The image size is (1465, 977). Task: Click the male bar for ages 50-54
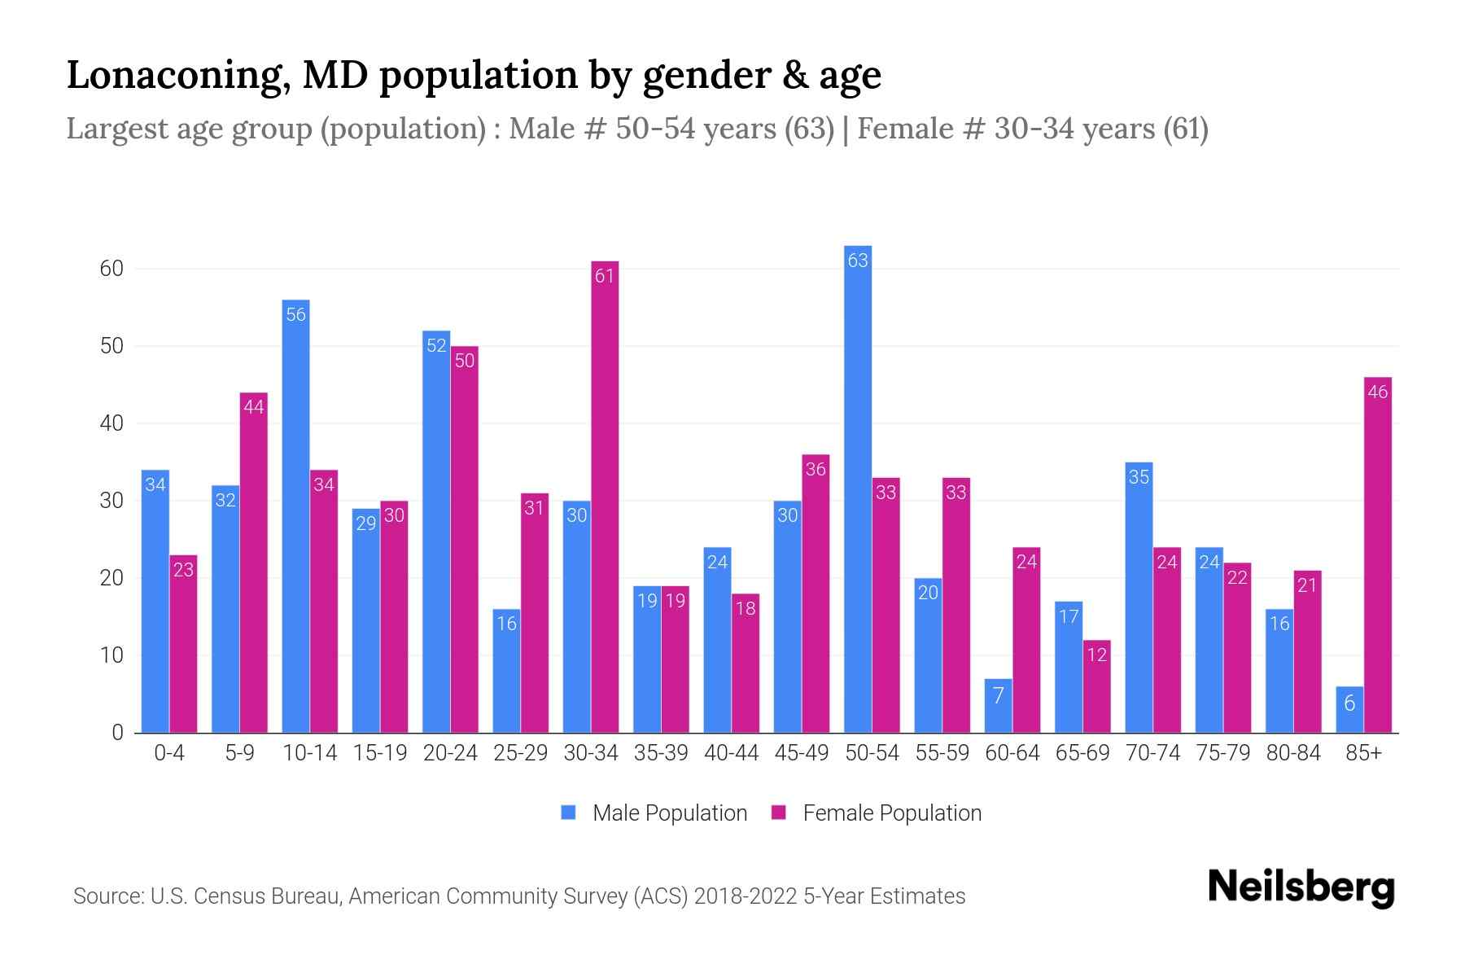(858, 488)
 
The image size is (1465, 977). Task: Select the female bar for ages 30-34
(605, 497)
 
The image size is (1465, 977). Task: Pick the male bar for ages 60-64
(998, 706)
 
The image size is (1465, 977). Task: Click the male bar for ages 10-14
(295, 516)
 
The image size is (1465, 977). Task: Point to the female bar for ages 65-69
(1096, 686)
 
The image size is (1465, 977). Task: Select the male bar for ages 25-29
(506, 671)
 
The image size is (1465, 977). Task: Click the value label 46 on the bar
(1377, 392)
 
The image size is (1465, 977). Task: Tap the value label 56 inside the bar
(295, 315)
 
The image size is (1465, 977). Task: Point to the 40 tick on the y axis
(112, 423)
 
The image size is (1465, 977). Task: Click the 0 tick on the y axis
(118, 733)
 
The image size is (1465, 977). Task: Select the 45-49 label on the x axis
(801, 753)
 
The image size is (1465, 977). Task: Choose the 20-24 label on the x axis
(450, 753)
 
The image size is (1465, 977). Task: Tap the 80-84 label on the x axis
(1293, 753)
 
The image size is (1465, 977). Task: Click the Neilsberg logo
(1301, 887)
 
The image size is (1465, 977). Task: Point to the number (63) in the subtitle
(809, 129)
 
